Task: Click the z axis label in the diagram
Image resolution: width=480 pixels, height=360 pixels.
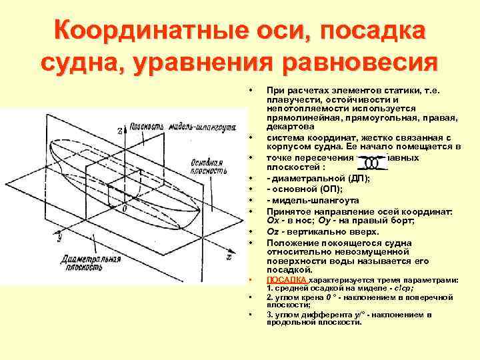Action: [x=120, y=131]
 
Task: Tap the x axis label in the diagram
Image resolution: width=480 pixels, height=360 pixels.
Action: [x=229, y=255]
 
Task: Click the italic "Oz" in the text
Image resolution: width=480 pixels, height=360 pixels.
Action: [x=273, y=231]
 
